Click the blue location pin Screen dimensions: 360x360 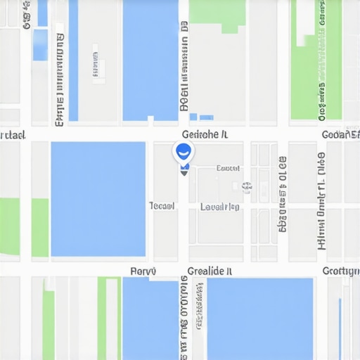tap(181, 151)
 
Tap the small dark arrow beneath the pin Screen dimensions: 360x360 tap(184, 171)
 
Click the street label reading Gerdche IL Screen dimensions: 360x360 tap(204, 134)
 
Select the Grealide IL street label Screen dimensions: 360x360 tap(210, 271)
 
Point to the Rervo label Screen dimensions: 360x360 tap(143, 271)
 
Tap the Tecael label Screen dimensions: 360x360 tap(162, 206)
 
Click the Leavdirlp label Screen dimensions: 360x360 tap(220, 207)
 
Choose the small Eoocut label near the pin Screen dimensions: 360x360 tap(228, 168)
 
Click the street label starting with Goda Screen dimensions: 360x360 tap(340, 134)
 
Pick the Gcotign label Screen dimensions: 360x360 tap(340, 271)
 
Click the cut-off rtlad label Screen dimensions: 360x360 tap(13, 134)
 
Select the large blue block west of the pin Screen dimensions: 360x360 tap(98, 199)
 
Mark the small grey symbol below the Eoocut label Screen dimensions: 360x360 tap(246, 186)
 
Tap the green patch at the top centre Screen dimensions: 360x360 tap(218, 14)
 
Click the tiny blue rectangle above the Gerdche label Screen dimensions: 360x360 tap(206, 117)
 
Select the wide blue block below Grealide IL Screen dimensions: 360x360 tap(259, 318)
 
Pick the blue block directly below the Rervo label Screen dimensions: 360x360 tap(150, 318)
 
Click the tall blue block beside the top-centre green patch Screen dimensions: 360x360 tap(150, 60)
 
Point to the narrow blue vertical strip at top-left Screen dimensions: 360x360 tap(73, 60)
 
